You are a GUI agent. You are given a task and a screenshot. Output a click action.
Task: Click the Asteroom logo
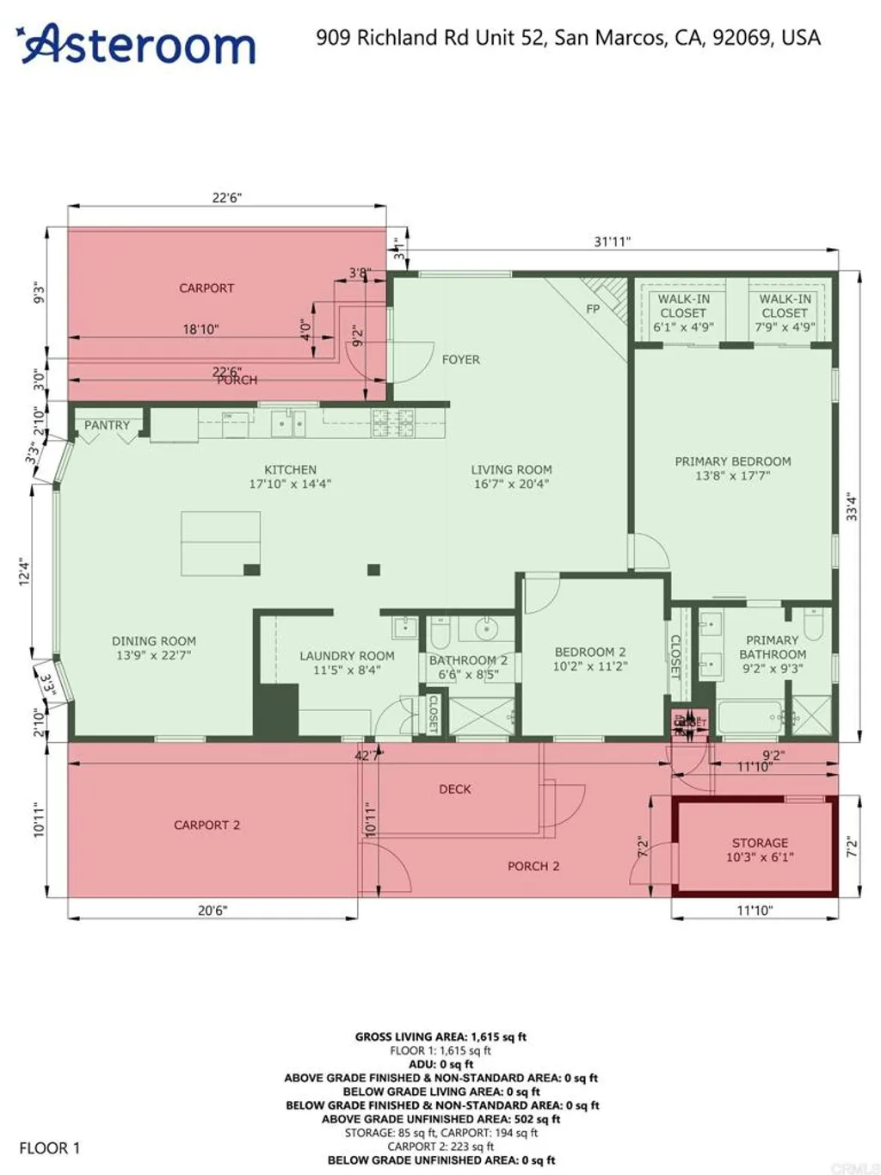click(138, 43)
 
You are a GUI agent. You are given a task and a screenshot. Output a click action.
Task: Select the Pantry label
click(107, 425)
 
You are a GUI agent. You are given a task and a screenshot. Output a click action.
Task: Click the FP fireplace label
click(593, 308)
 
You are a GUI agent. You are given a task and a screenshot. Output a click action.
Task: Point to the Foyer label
click(461, 360)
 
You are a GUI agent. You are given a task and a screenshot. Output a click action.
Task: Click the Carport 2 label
click(206, 825)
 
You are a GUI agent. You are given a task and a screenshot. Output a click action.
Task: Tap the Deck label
click(455, 788)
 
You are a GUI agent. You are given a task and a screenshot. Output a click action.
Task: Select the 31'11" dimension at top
click(612, 242)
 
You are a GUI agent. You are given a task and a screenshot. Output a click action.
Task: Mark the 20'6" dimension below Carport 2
click(212, 910)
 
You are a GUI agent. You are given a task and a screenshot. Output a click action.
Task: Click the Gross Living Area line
click(440, 1036)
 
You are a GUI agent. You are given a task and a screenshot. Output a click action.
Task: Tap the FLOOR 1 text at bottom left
click(49, 1147)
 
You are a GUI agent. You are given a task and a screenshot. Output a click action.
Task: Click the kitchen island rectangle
click(220, 543)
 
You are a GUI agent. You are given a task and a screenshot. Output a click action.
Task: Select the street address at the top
click(568, 37)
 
